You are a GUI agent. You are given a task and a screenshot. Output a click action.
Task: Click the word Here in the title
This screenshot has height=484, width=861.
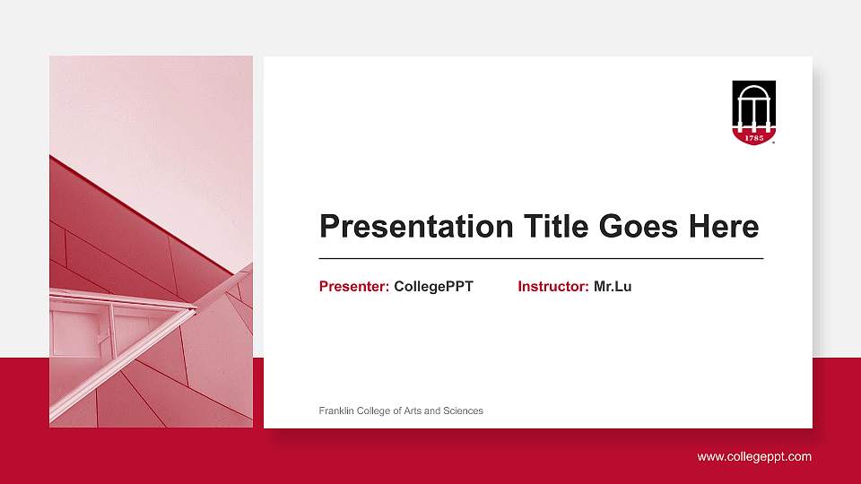click(724, 227)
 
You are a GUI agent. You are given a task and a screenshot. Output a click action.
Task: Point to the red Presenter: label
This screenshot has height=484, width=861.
click(353, 287)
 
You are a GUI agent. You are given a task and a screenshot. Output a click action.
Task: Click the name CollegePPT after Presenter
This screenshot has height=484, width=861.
click(433, 287)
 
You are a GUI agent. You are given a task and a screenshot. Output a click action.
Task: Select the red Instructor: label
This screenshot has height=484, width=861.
click(552, 287)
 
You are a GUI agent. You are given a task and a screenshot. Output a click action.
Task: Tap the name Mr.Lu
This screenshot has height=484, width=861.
click(613, 287)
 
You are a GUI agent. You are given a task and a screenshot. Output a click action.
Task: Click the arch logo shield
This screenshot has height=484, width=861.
click(753, 113)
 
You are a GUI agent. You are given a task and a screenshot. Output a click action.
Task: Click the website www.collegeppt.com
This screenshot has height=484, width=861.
click(754, 457)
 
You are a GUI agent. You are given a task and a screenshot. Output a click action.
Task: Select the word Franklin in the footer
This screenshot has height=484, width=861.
click(336, 411)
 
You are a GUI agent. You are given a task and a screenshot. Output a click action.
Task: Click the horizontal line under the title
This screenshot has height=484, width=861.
click(541, 258)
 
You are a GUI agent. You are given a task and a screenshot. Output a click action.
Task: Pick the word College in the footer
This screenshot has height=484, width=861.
click(373, 411)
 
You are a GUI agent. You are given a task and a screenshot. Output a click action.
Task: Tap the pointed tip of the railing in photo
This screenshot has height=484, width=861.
click(195, 308)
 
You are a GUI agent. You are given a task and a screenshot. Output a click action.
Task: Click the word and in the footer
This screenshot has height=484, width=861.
click(432, 411)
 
